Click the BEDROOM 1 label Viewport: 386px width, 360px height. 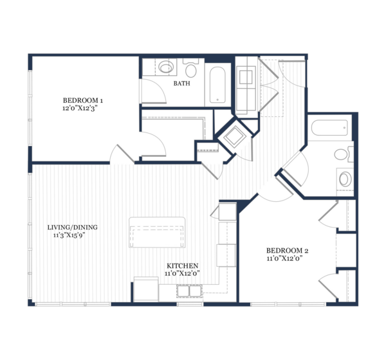tap(83, 100)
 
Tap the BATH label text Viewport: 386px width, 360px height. tap(181, 84)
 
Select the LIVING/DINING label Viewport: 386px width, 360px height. tap(72, 227)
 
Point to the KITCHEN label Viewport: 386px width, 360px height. tap(183, 265)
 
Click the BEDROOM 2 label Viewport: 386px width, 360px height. tap(288, 251)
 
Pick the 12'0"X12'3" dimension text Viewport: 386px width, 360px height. tap(78, 108)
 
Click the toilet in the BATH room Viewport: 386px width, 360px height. tap(191, 68)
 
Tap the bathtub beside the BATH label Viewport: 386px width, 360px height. tap(217, 85)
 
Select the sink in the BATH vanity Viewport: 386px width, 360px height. tap(166, 67)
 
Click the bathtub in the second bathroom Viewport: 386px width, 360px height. tap(329, 128)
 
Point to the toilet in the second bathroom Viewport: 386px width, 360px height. tap(344, 154)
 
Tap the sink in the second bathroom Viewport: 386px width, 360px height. tap(345, 179)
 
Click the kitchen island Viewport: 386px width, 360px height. tap(157, 232)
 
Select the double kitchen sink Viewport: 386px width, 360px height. tap(189, 291)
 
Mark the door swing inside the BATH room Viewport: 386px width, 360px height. tap(153, 91)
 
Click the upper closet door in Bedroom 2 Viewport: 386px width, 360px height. tap(328, 214)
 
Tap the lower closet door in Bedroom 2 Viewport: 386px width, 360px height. tap(328, 285)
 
